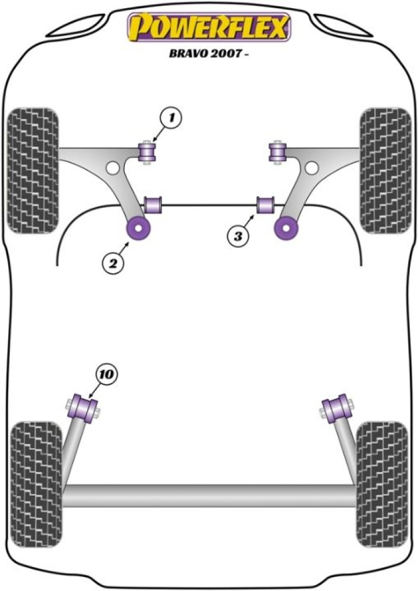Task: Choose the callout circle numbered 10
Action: tap(106, 374)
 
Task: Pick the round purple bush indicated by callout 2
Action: tap(139, 228)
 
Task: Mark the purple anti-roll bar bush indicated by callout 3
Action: tap(266, 205)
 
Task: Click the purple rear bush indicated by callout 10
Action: tap(82, 408)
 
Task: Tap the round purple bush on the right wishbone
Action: tap(286, 228)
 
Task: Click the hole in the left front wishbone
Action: tap(113, 168)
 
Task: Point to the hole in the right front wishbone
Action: tap(312, 168)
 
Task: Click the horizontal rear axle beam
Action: tap(209, 495)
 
